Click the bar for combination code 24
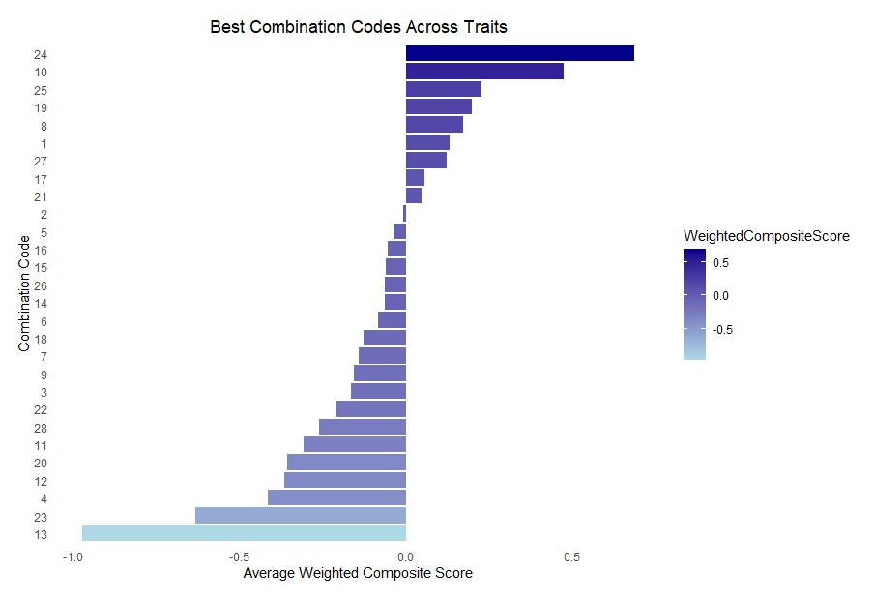pyautogui.click(x=520, y=53)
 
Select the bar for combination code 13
pyautogui.click(x=244, y=533)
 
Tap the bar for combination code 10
pyautogui.click(x=484, y=72)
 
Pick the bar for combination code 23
pyautogui.click(x=301, y=516)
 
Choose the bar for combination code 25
pyautogui.click(x=444, y=89)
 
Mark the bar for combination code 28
pyautogui.click(x=363, y=427)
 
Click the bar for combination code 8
pyautogui.click(x=434, y=125)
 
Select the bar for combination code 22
pyautogui.click(x=371, y=409)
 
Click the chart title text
pyautogui.click(x=359, y=28)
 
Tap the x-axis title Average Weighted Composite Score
pyautogui.click(x=358, y=574)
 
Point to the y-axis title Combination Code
pyautogui.click(x=24, y=290)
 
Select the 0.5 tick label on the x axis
pyautogui.click(x=572, y=557)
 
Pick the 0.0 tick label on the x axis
pyautogui.click(x=406, y=557)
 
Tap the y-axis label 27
pyautogui.click(x=40, y=161)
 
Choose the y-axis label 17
pyautogui.click(x=40, y=179)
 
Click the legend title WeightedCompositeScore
pyautogui.click(x=766, y=237)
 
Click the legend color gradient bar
pyautogui.click(x=694, y=304)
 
